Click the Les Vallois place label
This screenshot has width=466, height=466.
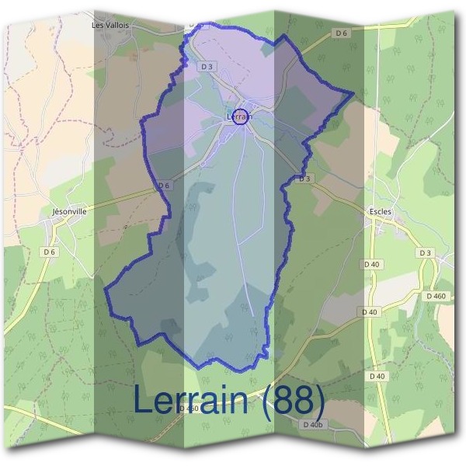[x=110, y=25]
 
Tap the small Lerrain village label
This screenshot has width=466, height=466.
[x=238, y=116]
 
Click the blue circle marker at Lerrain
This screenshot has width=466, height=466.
[x=241, y=116]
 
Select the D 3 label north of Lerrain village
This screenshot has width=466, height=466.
[x=207, y=67]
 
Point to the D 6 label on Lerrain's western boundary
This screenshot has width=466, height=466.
[x=163, y=186]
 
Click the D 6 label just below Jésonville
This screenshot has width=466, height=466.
[x=50, y=252]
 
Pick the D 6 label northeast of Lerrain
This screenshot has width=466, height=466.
[x=342, y=33]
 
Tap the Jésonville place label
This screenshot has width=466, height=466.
[x=68, y=210]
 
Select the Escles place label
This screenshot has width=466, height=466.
[x=381, y=210]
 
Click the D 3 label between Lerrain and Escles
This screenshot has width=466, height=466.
[x=305, y=179]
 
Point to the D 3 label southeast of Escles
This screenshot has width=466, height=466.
[x=424, y=252]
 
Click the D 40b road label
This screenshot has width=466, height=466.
[x=311, y=425]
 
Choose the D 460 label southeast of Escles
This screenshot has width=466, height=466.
[x=436, y=296]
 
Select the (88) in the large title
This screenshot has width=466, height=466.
[x=293, y=401]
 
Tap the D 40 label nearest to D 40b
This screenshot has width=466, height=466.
[x=377, y=376]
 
